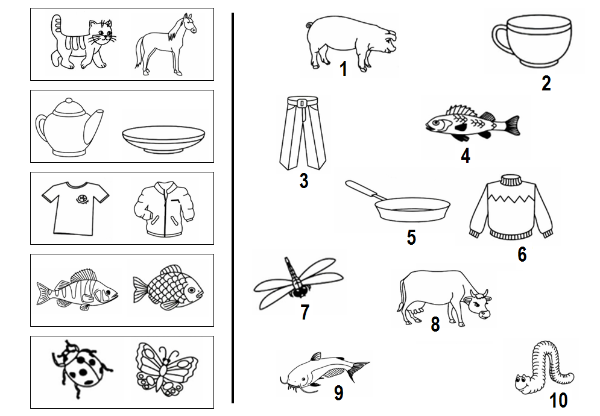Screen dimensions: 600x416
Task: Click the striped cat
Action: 82,43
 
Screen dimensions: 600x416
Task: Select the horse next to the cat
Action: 165,45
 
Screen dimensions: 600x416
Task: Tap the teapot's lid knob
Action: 69,101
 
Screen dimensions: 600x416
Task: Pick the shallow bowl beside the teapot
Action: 164,139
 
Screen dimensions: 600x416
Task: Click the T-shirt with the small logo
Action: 75,208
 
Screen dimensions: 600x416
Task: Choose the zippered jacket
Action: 164,209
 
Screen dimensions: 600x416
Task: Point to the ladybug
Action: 81,368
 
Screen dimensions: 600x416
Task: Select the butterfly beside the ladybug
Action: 166,368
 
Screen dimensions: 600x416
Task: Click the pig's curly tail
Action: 309,25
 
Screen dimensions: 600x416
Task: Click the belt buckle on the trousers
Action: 302,103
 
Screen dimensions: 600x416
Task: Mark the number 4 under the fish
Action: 466,156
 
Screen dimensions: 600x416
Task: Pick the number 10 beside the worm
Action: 558,400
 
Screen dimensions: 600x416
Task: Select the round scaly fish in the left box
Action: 168,288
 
